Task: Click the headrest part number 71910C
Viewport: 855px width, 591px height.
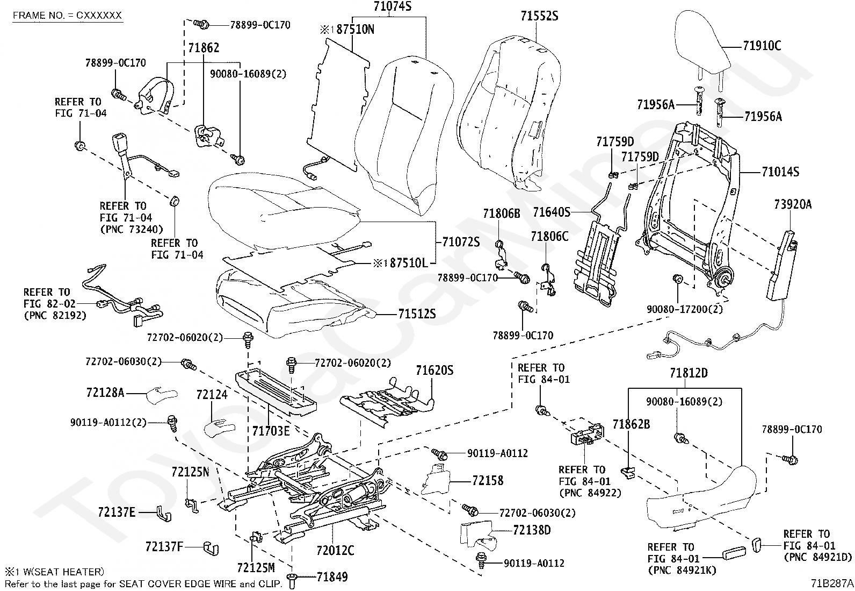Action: tap(762, 46)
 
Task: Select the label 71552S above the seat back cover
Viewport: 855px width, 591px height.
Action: tap(539, 17)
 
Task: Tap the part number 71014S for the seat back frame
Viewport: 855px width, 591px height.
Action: tap(780, 172)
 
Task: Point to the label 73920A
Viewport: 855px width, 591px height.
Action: tap(793, 204)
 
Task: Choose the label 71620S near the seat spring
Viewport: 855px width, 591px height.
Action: tap(434, 371)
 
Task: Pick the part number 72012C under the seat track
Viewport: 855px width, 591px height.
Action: tap(335, 551)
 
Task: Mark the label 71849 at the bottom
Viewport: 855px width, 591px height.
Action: tap(332, 578)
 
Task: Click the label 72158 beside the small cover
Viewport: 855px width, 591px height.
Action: tap(488, 480)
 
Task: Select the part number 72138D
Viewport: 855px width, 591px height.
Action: tap(532, 530)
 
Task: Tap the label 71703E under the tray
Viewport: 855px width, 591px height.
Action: tap(271, 431)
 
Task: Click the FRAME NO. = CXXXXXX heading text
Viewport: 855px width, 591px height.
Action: tap(67, 16)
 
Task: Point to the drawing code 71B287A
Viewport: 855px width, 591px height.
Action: tap(832, 583)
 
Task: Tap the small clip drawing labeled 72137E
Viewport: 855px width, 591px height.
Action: tap(162, 514)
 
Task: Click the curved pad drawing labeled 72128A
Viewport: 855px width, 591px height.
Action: tap(159, 394)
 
